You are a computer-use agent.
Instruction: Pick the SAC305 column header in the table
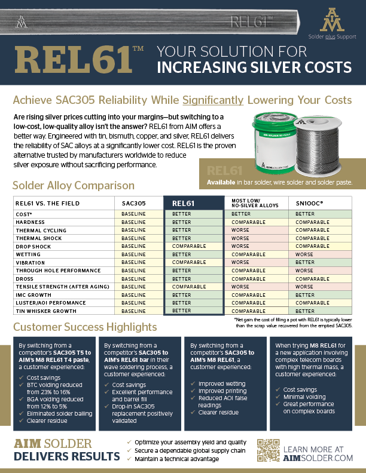tap(133, 203)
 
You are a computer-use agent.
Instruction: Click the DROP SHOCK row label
tap(33, 246)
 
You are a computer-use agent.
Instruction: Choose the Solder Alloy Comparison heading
tap(74, 186)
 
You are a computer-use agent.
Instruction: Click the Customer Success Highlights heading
tap(85, 327)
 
